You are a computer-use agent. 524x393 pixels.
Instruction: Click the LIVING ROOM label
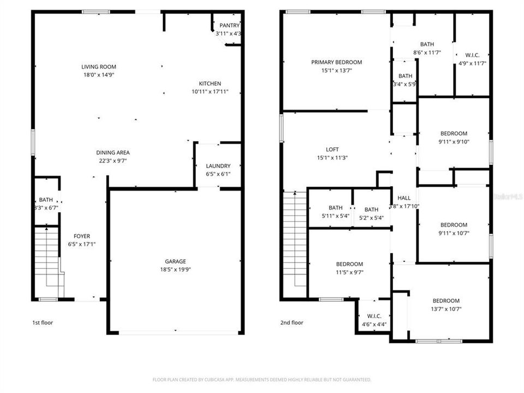(99, 67)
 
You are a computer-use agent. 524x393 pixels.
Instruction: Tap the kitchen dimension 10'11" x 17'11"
(210, 92)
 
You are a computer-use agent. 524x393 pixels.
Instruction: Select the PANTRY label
(229, 26)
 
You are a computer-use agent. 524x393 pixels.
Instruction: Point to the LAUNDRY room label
(218, 166)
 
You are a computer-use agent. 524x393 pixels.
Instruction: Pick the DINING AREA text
(113, 153)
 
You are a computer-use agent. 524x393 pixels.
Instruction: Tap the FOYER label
(82, 236)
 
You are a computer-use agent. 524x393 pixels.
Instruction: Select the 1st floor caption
(43, 323)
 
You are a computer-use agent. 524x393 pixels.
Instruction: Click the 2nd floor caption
(291, 323)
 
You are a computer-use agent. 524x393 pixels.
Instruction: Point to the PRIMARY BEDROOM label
(336, 62)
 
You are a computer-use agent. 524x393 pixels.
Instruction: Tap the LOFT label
(332, 150)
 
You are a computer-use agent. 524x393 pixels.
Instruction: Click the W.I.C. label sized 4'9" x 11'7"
(472, 55)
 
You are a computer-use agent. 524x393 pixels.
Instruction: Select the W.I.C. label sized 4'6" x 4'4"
(374, 316)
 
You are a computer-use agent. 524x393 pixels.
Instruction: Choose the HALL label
(404, 198)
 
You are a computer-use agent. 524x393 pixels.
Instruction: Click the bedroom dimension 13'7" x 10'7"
(446, 308)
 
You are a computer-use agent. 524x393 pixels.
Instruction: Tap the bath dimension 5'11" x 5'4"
(335, 216)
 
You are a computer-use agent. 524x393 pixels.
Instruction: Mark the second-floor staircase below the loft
(295, 240)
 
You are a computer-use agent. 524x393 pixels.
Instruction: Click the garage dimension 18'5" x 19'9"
(176, 269)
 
